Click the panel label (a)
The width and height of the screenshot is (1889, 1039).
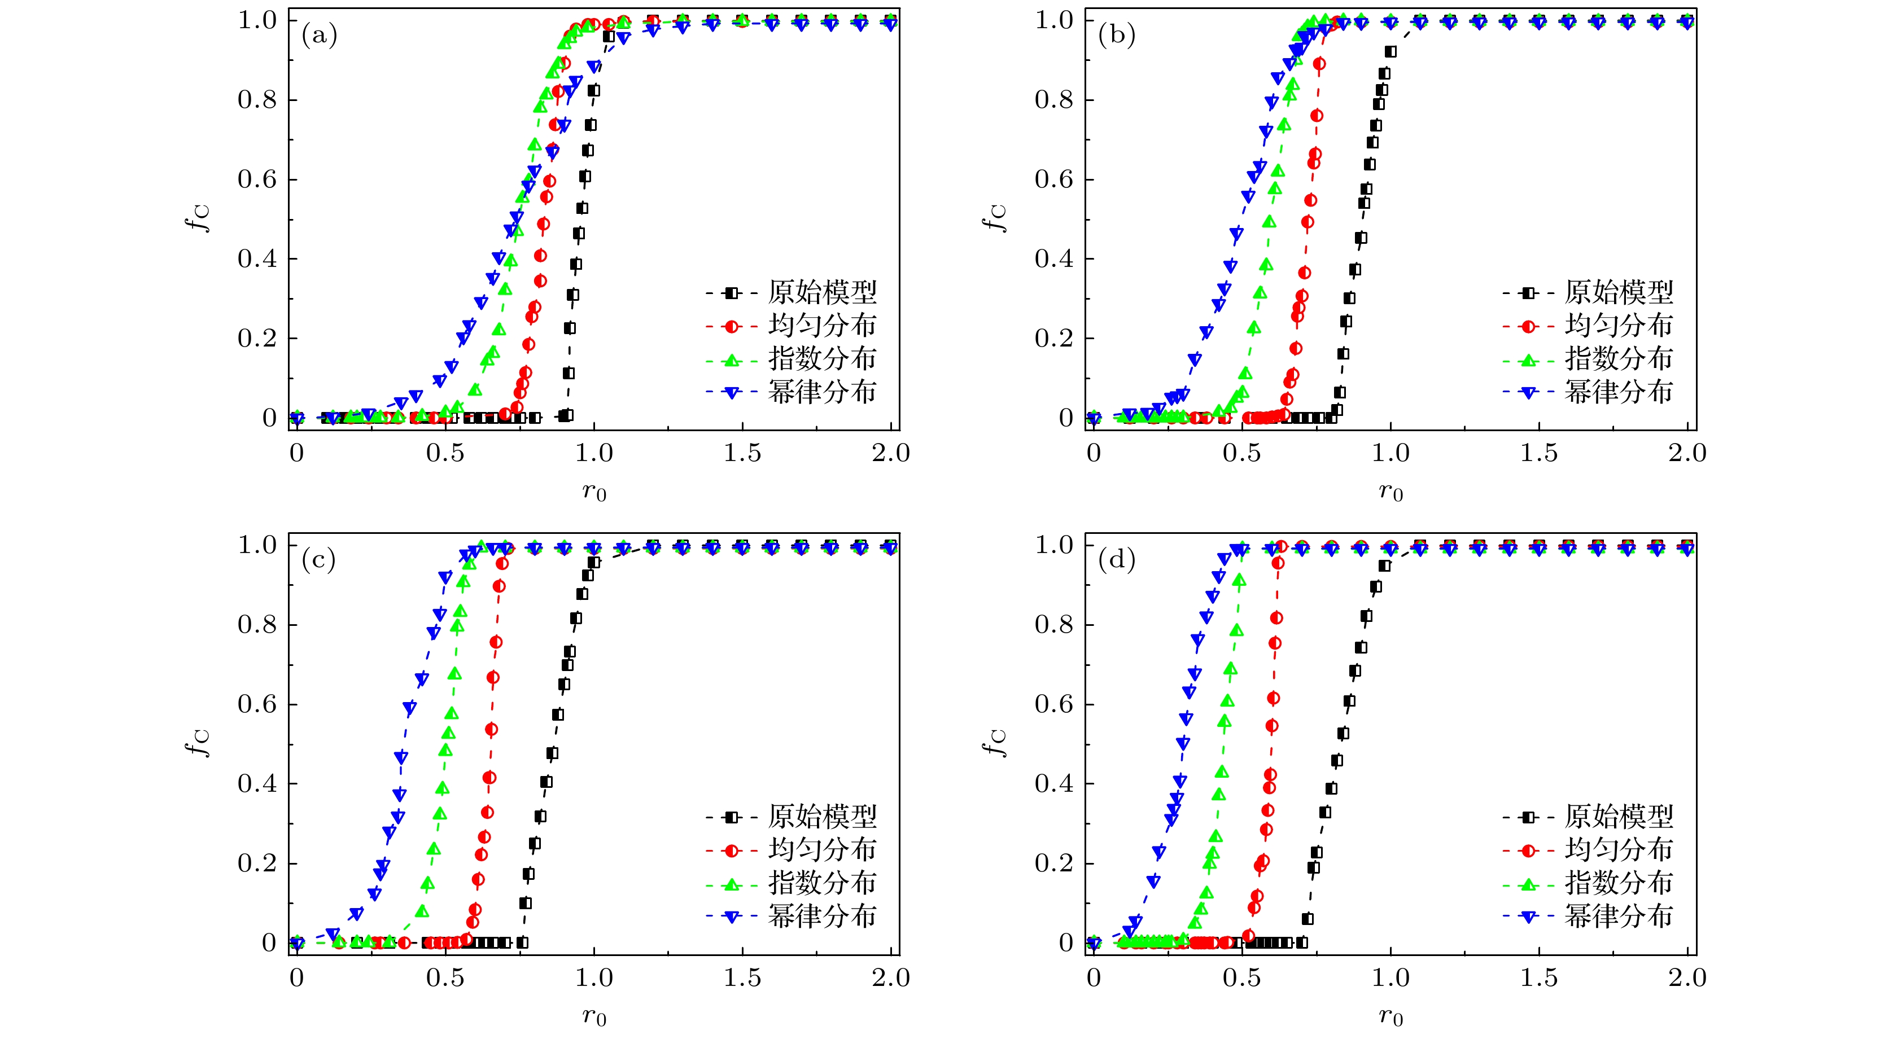tap(319, 35)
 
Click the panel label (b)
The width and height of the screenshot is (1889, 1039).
tap(1116, 35)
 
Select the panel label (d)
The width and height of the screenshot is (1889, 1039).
tap(1116, 560)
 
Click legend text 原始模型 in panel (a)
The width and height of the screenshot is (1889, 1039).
tap(822, 292)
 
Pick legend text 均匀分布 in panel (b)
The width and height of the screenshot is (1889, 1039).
tap(1619, 326)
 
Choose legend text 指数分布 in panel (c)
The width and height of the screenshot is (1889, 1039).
tap(822, 884)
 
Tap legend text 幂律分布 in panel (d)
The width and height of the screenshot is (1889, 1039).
tap(1619, 917)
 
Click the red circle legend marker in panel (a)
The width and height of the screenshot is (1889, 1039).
tap(731, 326)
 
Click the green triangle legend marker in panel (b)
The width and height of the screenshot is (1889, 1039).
tap(1528, 360)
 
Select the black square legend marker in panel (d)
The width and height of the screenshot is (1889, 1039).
tap(1528, 817)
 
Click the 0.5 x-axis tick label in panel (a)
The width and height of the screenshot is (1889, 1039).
tap(444, 454)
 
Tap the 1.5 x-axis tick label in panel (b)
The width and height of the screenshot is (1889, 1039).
tap(1538, 454)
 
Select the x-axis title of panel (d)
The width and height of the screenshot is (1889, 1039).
tap(1390, 1017)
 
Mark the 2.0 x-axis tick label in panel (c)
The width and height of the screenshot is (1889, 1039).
tap(891, 978)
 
